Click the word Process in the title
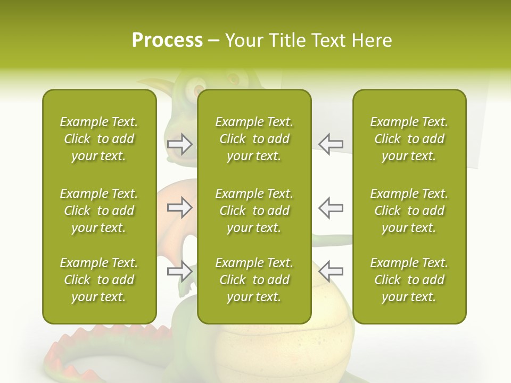[x=167, y=40]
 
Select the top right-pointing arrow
[x=180, y=144]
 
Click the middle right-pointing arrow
[x=180, y=207]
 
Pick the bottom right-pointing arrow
[x=180, y=271]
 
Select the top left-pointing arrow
[x=331, y=144]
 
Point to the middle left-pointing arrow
[x=331, y=207]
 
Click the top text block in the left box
[x=99, y=139]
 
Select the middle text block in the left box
[x=99, y=211]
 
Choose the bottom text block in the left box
[x=99, y=280]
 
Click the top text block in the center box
[x=254, y=139]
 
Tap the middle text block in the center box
[x=254, y=211]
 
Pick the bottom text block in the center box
[x=254, y=280]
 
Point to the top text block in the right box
[x=409, y=139]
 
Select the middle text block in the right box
[x=409, y=211]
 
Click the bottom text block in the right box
[x=409, y=280]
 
